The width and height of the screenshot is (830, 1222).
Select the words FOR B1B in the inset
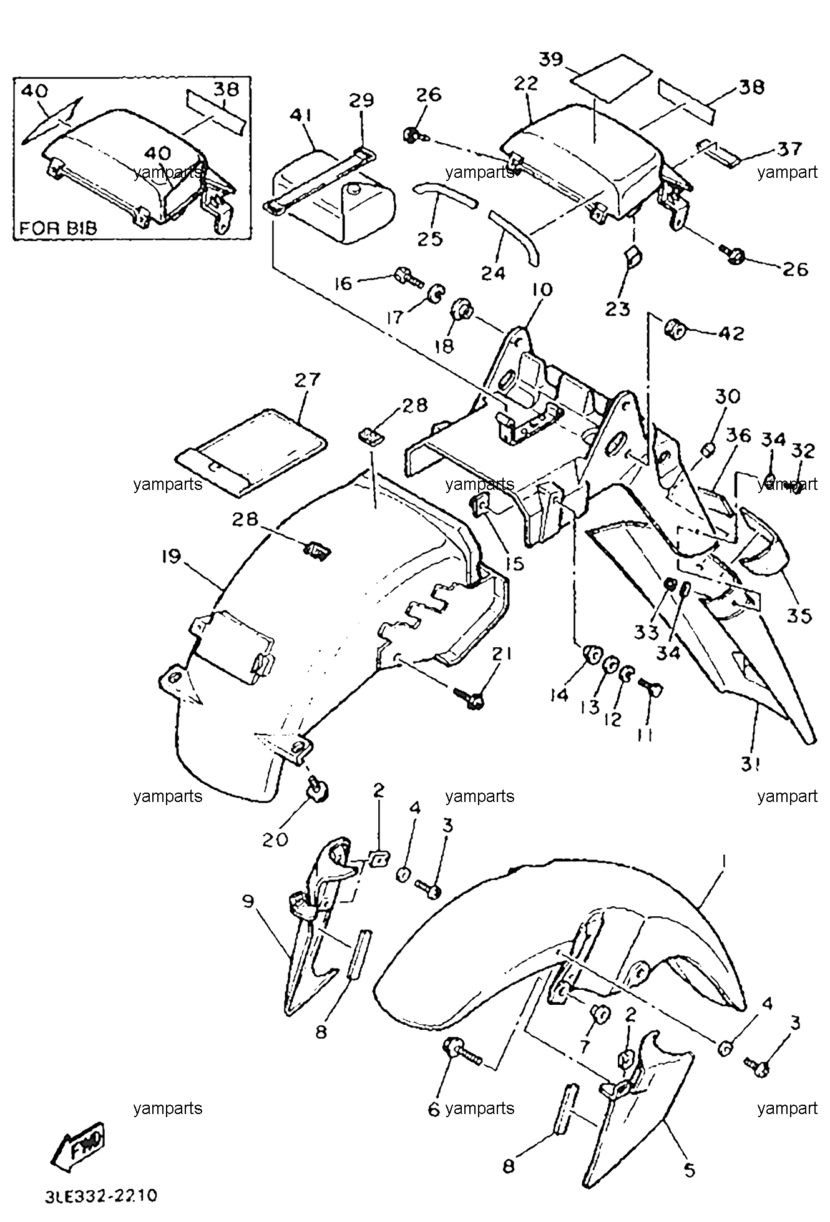pyautogui.click(x=58, y=227)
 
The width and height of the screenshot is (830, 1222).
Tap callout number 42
pyautogui.click(x=730, y=333)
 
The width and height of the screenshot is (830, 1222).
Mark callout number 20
pyautogui.click(x=275, y=839)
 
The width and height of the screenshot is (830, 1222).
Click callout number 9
pyautogui.click(x=249, y=902)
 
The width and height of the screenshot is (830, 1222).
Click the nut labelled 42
pyautogui.click(x=674, y=328)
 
